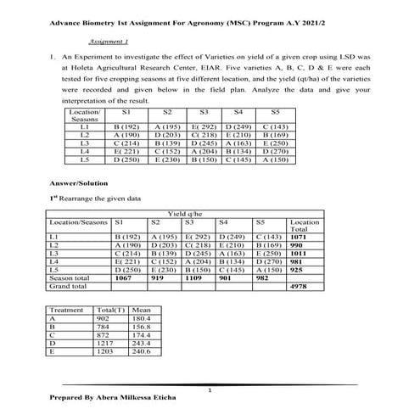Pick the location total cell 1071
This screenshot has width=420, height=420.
tap(300, 237)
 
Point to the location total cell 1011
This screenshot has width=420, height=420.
tap(300, 253)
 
